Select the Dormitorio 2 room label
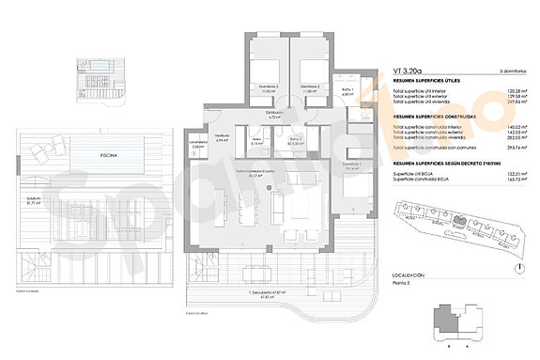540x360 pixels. [310, 88]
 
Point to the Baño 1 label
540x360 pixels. [347, 92]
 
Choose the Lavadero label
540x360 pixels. [197, 146]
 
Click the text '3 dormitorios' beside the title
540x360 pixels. [511, 70]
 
